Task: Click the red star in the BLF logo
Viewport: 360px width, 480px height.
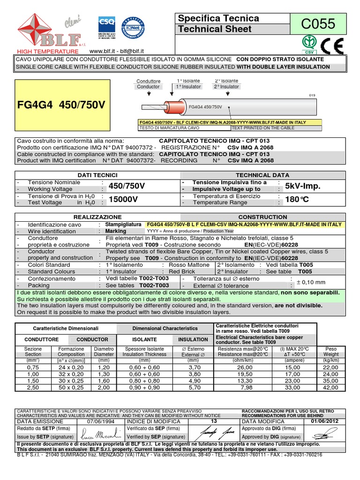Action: pyautogui.click(x=30, y=26)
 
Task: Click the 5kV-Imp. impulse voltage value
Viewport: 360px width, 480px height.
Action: pyautogui.click(x=302, y=186)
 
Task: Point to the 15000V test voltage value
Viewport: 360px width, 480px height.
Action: pyautogui.click(x=123, y=200)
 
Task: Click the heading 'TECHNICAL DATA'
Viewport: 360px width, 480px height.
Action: pyautogui.click(x=262, y=174)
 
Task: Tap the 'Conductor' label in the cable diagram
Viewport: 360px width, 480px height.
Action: pyautogui.click(x=148, y=87)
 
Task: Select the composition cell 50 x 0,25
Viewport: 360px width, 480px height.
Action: pyautogui.click(x=71, y=388)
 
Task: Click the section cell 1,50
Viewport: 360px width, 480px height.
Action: pyautogui.click(x=33, y=381)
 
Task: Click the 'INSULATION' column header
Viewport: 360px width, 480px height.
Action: pyautogui.click(x=193, y=339)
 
